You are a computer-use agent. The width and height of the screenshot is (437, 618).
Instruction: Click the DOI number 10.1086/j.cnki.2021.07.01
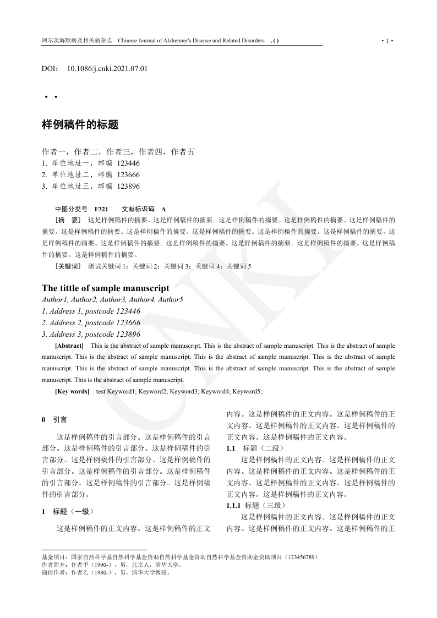pos(107,69)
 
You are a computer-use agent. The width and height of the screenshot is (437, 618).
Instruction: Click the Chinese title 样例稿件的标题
pos(80,125)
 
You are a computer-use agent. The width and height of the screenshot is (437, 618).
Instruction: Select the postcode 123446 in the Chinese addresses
pos(128,163)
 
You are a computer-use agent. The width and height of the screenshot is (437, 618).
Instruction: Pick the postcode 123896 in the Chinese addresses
pos(128,186)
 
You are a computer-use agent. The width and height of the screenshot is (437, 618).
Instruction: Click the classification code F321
pos(101,209)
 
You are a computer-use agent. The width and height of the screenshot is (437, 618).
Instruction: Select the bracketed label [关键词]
pos(68,266)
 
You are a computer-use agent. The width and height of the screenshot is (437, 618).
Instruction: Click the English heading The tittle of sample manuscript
pos(106,288)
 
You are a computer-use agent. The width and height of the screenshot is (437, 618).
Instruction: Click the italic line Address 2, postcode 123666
pos(91,322)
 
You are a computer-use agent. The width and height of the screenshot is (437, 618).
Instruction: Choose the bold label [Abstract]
pos(69,346)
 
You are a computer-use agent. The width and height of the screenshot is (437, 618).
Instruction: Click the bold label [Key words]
pos(72,391)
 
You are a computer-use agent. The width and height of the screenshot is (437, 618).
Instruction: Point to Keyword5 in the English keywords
pos(247,391)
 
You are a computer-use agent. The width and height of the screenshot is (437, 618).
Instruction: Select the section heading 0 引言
pos(54,419)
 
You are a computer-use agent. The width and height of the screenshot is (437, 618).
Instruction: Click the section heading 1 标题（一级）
pos(65,511)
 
